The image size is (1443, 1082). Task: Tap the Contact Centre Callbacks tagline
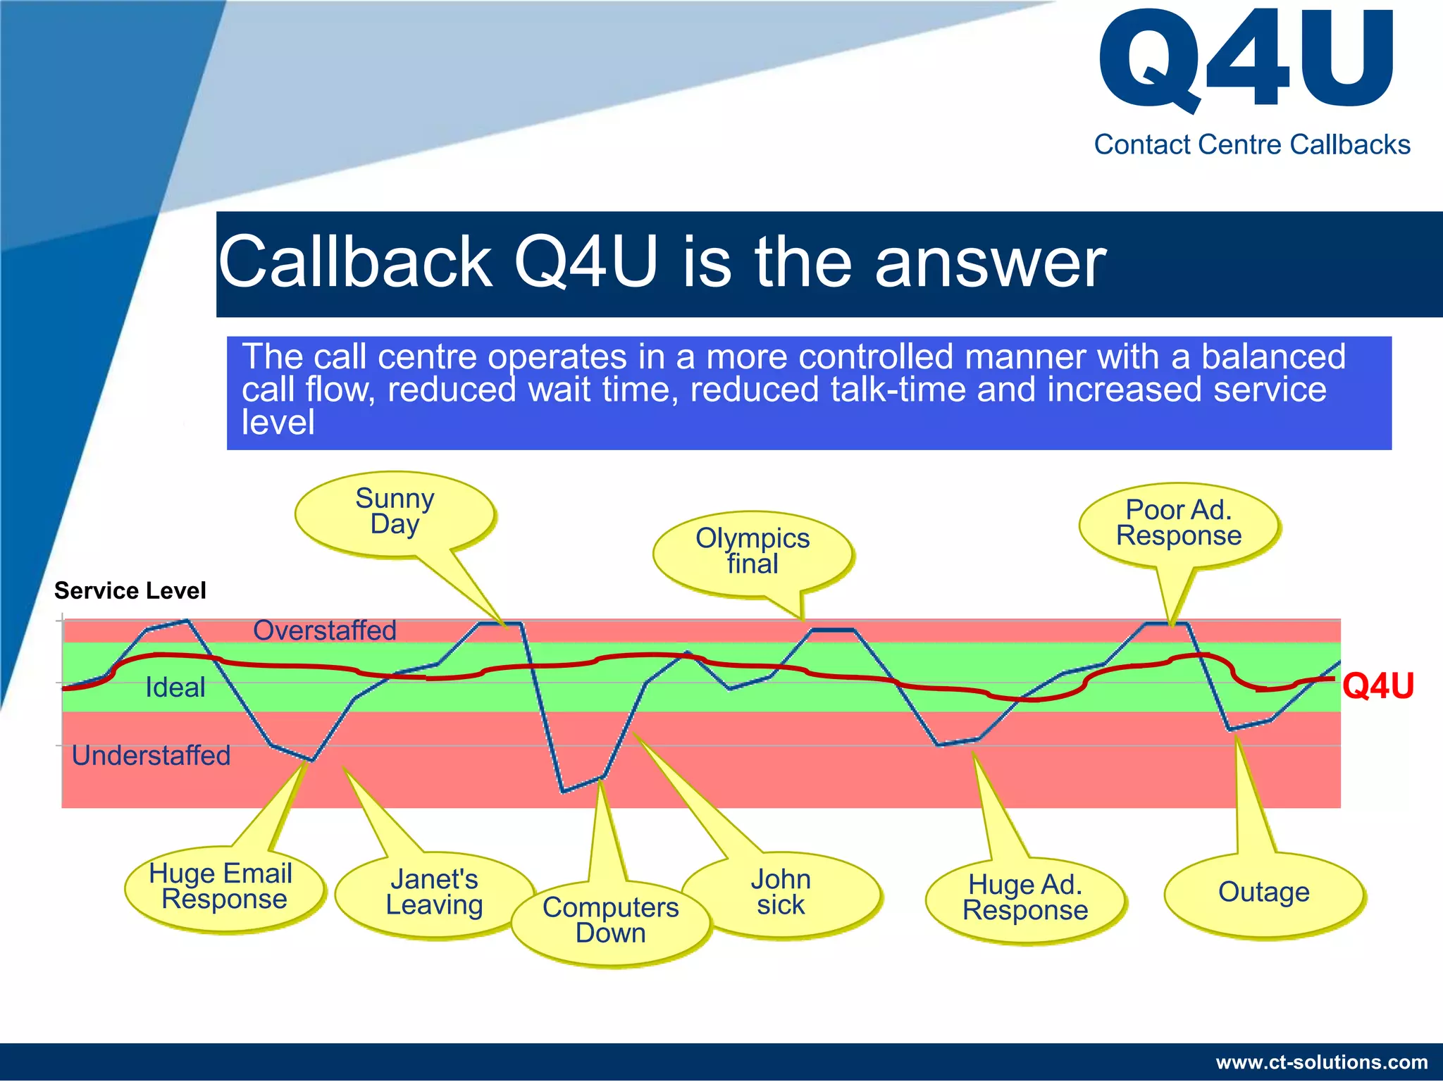point(1251,145)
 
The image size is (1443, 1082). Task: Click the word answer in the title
point(990,263)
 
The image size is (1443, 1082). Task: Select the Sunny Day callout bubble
point(395,512)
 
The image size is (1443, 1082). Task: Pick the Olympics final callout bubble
point(753,552)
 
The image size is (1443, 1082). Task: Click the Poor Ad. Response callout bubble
point(1178,523)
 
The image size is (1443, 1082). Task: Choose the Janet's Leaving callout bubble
point(434,893)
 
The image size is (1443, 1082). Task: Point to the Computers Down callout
point(610,921)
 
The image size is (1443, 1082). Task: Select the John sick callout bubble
point(781,893)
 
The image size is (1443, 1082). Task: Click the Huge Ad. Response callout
point(1025,898)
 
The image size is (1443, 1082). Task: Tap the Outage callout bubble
point(1263,893)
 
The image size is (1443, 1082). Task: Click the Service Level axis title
point(130,590)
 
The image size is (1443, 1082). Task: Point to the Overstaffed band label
point(325,630)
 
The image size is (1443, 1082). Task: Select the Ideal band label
point(175,688)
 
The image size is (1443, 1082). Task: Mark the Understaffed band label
point(151,756)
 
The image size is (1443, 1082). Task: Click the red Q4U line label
point(1377,685)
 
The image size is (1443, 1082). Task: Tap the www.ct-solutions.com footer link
point(1322,1062)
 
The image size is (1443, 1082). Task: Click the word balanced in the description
point(1273,356)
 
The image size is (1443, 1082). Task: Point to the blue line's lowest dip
point(564,792)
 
